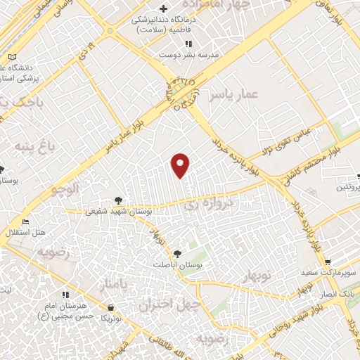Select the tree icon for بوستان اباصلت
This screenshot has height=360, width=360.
[176, 254]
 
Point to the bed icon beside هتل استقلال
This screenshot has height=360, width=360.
[26, 221]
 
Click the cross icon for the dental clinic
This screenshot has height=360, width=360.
[164, 9]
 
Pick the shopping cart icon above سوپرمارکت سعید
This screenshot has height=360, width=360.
[327, 262]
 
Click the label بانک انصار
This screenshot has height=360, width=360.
[340, 292]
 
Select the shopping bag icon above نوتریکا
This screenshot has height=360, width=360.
[111, 307]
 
